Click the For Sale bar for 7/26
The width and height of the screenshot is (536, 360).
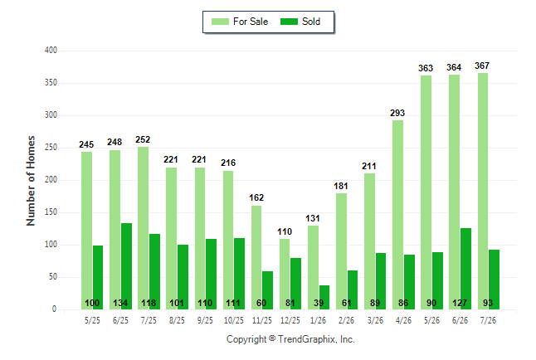pyautogui.click(x=483, y=191)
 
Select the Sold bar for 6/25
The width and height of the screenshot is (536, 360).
pyautogui.click(x=126, y=266)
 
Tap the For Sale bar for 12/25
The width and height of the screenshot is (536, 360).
pyautogui.click(x=285, y=275)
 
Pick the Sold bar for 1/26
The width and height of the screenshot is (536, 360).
pyautogui.click(x=324, y=298)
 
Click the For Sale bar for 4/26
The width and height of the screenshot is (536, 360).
pyautogui.click(x=398, y=215)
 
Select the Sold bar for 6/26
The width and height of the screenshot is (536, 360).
pyautogui.click(x=465, y=269)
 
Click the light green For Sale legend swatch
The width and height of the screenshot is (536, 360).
pyautogui.click(x=220, y=22)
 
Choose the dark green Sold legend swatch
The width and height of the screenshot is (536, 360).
pyautogui.click(x=289, y=22)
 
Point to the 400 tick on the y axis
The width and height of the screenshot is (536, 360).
pyautogui.click(x=51, y=51)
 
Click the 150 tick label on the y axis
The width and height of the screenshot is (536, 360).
pyautogui.click(x=51, y=212)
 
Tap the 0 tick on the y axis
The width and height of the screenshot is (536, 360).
pyautogui.click(x=54, y=309)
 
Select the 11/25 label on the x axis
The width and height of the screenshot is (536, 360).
pyautogui.click(x=262, y=320)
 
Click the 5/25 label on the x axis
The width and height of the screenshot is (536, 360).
pyautogui.click(x=92, y=320)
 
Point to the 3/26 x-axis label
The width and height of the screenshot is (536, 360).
pyautogui.click(x=375, y=320)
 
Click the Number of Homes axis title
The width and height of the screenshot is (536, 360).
pyautogui.click(x=31, y=181)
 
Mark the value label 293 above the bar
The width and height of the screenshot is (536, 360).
pyautogui.click(x=397, y=113)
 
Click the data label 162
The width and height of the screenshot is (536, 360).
pyautogui.click(x=256, y=197)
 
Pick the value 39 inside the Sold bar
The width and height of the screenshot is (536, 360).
pyautogui.click(x=319, y=303)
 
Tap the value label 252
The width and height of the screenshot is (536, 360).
pyautogui.click(x=143, y=139)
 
